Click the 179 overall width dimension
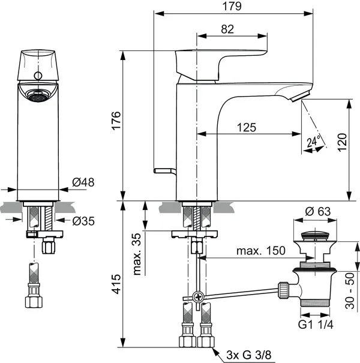(235, 7)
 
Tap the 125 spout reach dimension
(245, 127)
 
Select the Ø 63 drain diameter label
(319, 211)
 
